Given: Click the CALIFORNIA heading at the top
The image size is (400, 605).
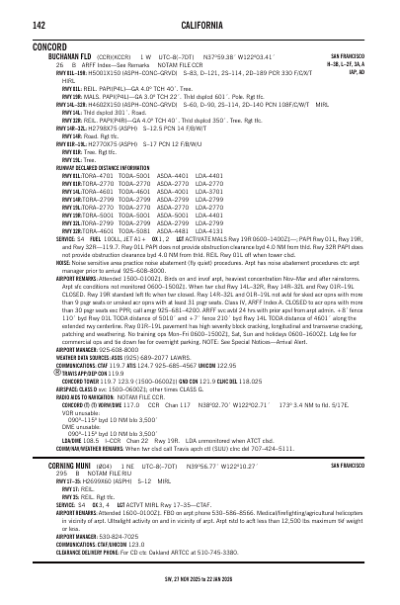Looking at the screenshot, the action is point(200,24).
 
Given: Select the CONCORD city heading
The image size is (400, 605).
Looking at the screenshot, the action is point(49,45).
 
